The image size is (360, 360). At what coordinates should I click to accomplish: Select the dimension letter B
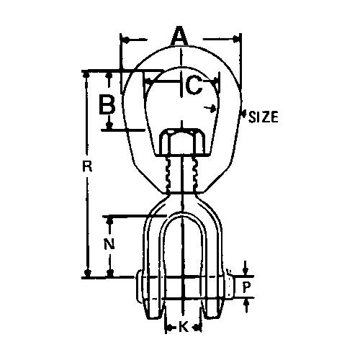[107, 105]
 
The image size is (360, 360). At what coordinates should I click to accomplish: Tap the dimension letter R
[87, 168]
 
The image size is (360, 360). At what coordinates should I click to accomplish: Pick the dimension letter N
[108, 243]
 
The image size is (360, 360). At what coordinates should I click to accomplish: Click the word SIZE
[264, 117]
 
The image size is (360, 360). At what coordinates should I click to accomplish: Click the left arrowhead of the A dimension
[123, 38]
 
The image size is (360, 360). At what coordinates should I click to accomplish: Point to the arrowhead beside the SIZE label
[211, 109]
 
